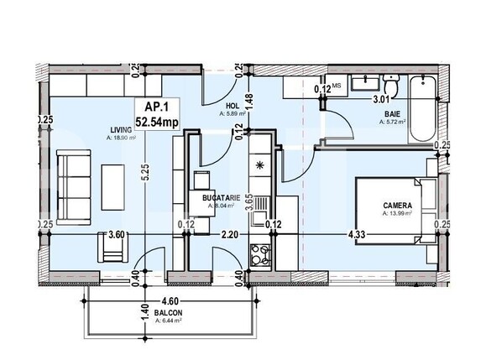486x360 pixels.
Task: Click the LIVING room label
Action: click(x=119, y=129)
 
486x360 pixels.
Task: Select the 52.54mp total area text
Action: click(x=157, y=123)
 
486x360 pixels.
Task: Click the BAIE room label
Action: click(x=391, y=112)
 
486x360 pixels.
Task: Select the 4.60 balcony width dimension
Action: click(x=171, y=299)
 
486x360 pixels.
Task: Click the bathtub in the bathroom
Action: click(x=422, y=107)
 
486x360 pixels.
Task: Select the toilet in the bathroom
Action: click(x=390, y=84)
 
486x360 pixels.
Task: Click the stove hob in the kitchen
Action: click(x=260, y=252)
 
